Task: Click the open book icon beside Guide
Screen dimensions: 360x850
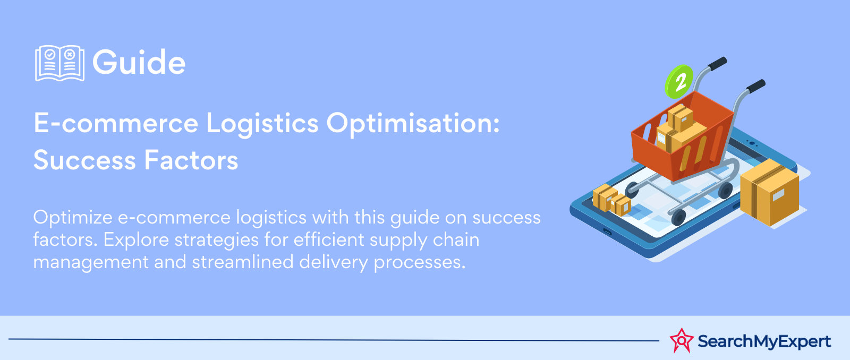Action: click(x=59, y=63)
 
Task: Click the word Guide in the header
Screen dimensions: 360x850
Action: click(x=139, y=63)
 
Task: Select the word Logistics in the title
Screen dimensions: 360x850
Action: click(x=262, y=124)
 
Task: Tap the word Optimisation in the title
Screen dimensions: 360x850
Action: click(x=413, y=124)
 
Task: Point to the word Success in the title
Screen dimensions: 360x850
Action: click(x=84, y=160)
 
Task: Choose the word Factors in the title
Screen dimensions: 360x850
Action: click(x=191, y=160)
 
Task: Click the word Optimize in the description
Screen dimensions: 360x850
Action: click(x=73, y=218)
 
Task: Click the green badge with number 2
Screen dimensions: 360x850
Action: click(x=679, y=81)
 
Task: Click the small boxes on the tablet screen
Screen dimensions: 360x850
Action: click(x=611, y=200)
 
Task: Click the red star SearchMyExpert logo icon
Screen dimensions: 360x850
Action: click(x=681, y=340)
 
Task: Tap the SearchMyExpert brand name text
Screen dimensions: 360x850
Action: click(x=764, y=341)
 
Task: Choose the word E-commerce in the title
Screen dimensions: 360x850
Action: click(x=116, y=124)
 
